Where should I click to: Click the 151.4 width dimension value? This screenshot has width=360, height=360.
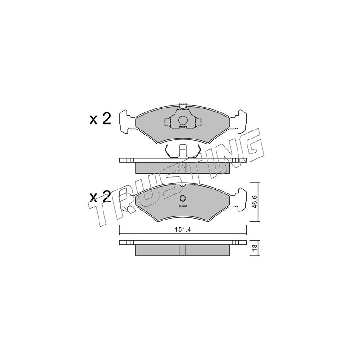click(x=183, y=229)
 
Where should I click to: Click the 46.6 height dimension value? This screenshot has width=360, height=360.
click(x=255, y=202)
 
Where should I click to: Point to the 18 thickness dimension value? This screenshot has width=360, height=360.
click(x=255, y=248)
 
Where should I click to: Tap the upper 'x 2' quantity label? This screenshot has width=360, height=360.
click(x=100, y=119)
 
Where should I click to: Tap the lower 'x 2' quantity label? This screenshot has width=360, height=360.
click(x=100, y=198)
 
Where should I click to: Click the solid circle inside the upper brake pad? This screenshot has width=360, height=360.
click(x=183, y=120)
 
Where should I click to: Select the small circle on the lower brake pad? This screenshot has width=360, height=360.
click(x=183, y=198)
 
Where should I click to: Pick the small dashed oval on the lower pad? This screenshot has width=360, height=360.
click(x=183, y=205)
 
